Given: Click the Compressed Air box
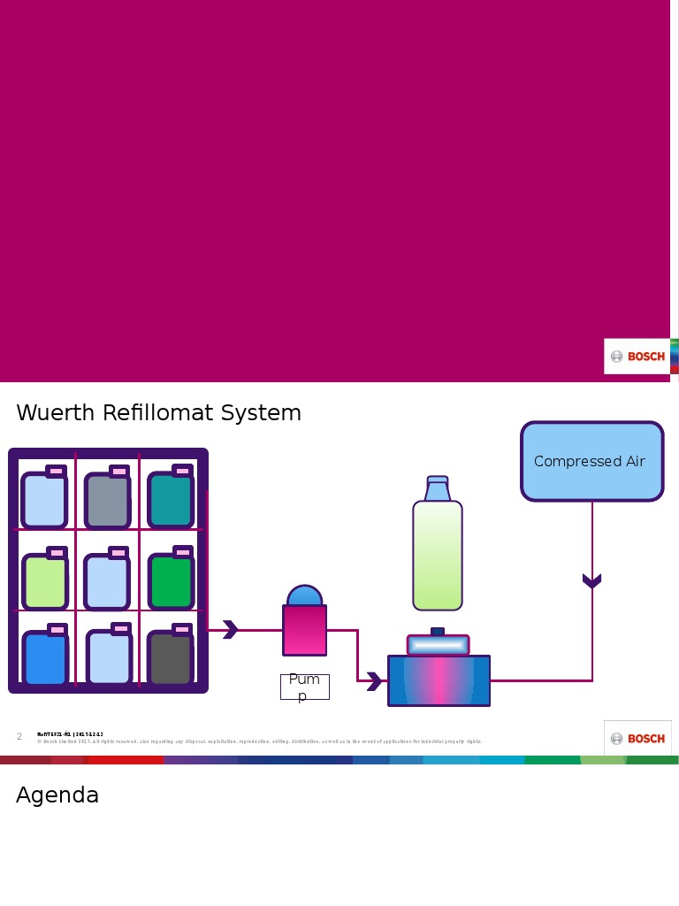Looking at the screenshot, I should pyautogui.click(x=591, y=461).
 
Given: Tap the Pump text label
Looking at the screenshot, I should pyautogui.click(x=304, y=687).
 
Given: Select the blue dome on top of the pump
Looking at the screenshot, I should pyautogui.click(x=305, y=595).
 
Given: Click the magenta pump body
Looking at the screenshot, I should pyautogui.click(x=305, y=630).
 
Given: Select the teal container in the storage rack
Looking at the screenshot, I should pyautogui.click(x=171, y=499).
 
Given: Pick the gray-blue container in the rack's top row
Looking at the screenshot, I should pyautogui.click(x=107, y=501).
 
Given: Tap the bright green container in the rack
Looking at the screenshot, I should pyautogui.click(x=172, y=580).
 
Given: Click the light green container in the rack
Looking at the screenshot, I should pyautogui.click(x=45, y=581).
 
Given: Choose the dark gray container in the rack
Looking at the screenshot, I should pyautogui.click(x=171, y=657).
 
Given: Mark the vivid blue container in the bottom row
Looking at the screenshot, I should pyautogui.click(x=45, y=658).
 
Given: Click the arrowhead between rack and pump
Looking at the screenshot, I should pyautogui.click(x=230, y=630).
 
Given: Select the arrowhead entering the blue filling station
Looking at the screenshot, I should pyautogui.click(x=375, y=681).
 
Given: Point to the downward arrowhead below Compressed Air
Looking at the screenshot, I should pyautogui.click(x=591, y=581).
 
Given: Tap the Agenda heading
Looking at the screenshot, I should pyautogui.click(x=57, y=795).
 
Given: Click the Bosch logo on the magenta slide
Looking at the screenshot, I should pyautogui.click(x=637, y=357).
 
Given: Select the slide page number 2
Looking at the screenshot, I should pyautogui.click(x=19, y=737).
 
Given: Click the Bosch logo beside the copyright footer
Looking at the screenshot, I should pyautogui.click(x=637, y=739).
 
